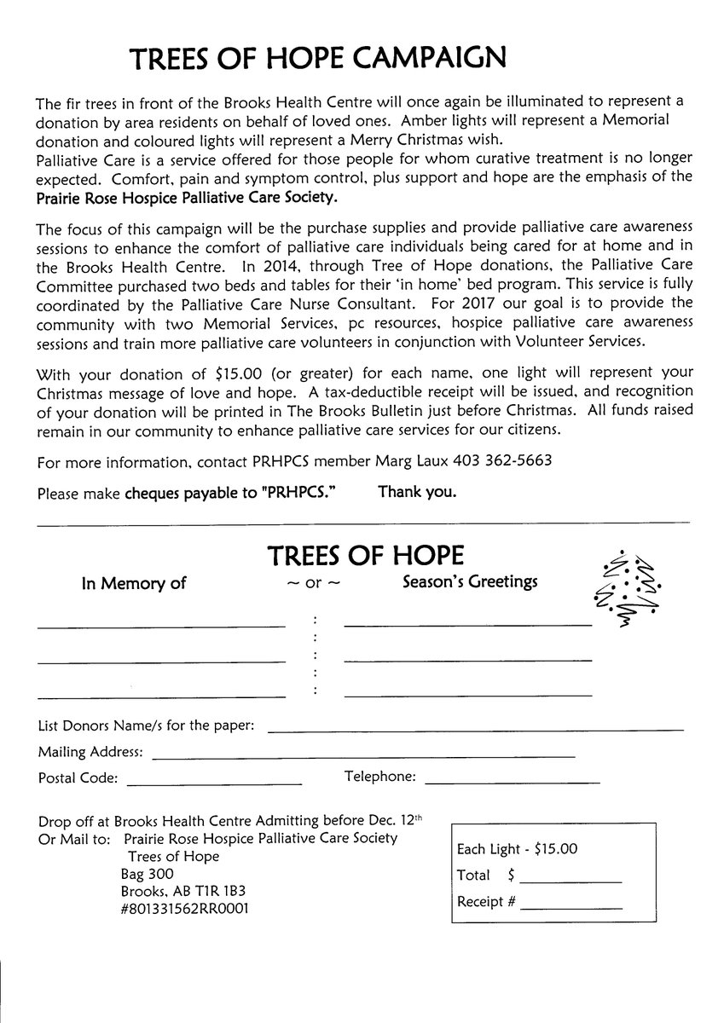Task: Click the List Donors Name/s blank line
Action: [x=476, y=729]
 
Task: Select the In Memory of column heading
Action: [x=133, y=584]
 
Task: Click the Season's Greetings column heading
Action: [x=470, y=582]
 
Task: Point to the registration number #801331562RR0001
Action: [x=185, y=908]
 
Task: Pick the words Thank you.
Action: [x=417, y=492]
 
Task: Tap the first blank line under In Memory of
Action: [x=160, y=626]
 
